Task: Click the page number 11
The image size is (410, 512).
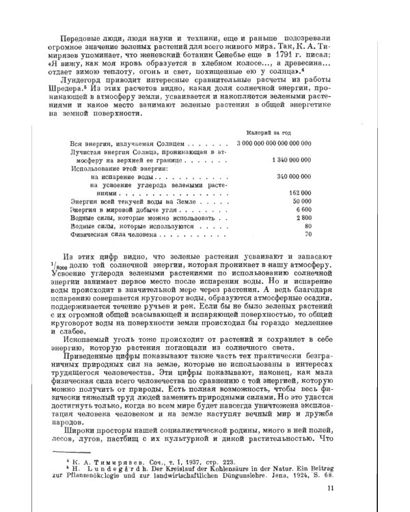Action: coord(330,487)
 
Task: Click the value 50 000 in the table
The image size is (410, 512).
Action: coord(301,202)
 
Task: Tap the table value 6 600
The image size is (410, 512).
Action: coord(303,210)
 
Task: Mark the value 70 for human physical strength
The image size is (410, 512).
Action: coord(308,235)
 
